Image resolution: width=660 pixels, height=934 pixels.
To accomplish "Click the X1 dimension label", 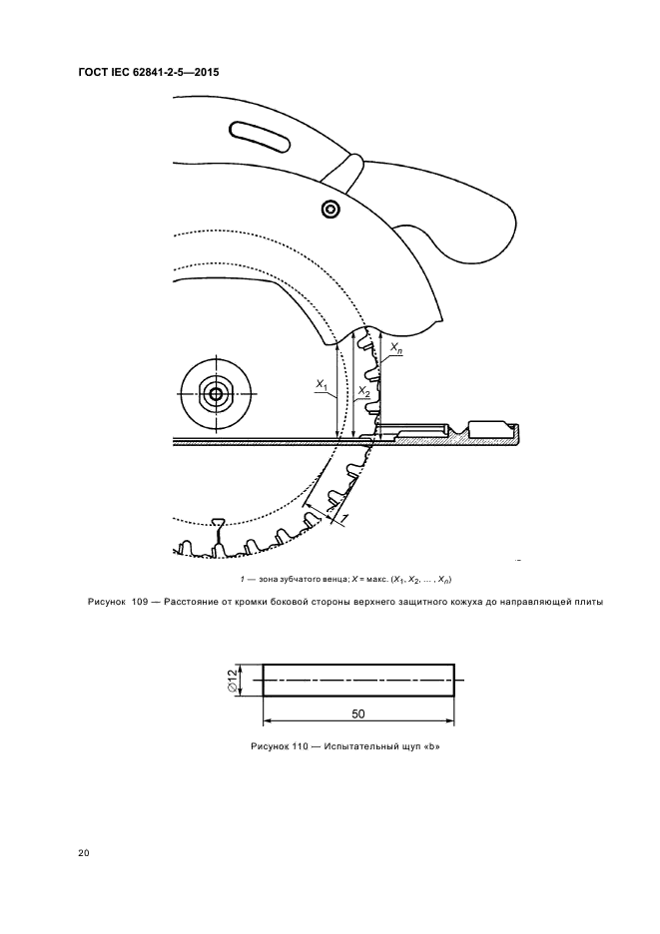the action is click(x=322, y=385).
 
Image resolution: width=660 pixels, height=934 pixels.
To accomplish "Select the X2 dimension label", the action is click(x=364, y=392).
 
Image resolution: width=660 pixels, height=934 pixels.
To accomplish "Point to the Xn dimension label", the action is click(x=395, y=348).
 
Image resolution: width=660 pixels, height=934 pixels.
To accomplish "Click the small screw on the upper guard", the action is click(x=330, y=210).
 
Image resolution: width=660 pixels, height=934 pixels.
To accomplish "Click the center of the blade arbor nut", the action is click(x=215, y=392).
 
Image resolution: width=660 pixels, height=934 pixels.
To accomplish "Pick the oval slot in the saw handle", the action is click(x=261, y=138).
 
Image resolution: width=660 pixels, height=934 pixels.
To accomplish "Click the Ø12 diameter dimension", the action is click(x=233, y=680).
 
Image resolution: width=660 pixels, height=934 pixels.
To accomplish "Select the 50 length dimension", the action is click(x=358, y=713).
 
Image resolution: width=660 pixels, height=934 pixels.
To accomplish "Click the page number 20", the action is click(x=84, y=853).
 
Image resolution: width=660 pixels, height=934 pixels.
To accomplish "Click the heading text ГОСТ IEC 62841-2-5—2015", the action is click(x=149, y=73).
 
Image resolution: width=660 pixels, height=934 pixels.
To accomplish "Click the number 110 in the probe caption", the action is click(x=300, y=747).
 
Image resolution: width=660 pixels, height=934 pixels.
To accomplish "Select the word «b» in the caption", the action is click(x=433, y=747).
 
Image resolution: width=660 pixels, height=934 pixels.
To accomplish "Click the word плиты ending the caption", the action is click(x=590, y=603).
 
